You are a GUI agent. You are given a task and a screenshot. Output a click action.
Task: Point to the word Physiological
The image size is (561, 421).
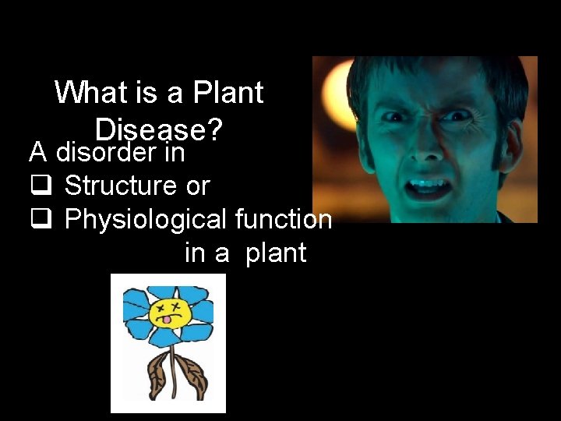point(146,220)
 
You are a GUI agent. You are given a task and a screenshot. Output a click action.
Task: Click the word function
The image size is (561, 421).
point(283,219)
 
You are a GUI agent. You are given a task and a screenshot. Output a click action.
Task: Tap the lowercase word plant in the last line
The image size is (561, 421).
point(276,253)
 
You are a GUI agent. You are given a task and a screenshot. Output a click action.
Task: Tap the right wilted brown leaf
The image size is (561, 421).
point(191,370)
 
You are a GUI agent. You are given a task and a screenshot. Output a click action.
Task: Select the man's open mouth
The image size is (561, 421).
point(429,187)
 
